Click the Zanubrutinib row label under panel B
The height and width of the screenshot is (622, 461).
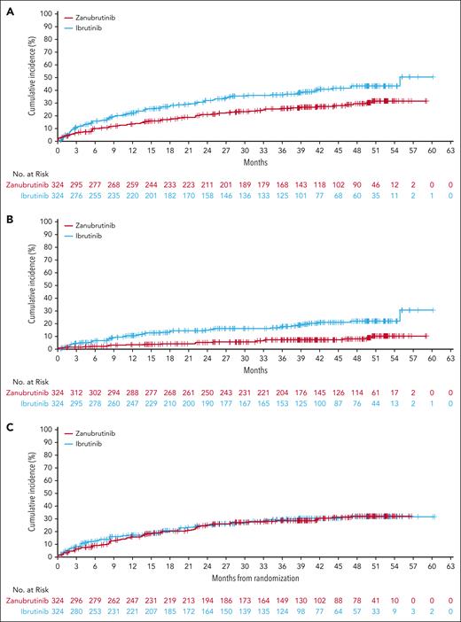28,392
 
